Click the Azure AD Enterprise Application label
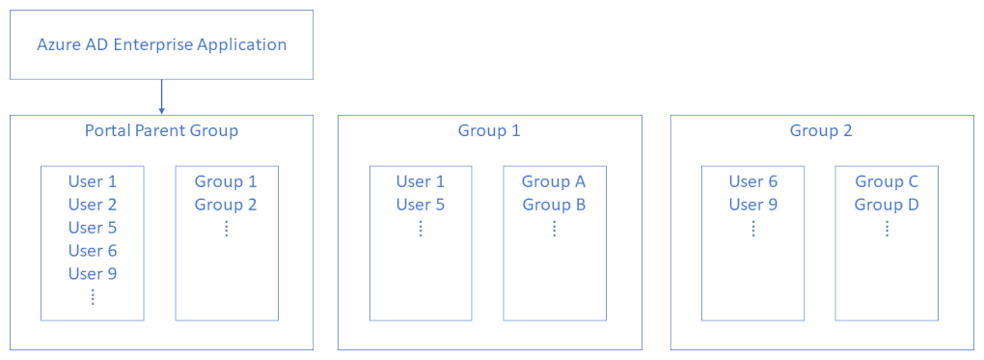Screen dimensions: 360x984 (161, 44)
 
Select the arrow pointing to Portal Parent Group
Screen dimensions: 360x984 (161, 97)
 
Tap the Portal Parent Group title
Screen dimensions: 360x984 (161, 130)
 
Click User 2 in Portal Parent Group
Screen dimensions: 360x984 (92, 205)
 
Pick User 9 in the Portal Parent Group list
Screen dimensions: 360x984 (92, 273)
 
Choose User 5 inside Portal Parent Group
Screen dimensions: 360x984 (92, 228)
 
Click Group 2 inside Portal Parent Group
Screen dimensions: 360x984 (226, 205)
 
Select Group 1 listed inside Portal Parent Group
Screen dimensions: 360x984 (226, 181)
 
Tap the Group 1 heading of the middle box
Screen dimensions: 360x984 (489, 130)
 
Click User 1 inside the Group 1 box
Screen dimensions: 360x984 (421, 181)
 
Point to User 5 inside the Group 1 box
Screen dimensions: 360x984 (421, 205)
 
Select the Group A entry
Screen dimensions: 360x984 (554, 181)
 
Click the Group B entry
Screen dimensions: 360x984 (554, 205)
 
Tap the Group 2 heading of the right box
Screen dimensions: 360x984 (821, 130)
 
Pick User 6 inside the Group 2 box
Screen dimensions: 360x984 (752, 181)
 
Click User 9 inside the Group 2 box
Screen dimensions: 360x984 (752, 205)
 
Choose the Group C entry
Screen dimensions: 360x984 (887, 181)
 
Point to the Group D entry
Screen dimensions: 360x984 (887, 205)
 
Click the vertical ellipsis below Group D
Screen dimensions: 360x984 (887, 229)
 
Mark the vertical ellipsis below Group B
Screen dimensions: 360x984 (555, 229)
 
